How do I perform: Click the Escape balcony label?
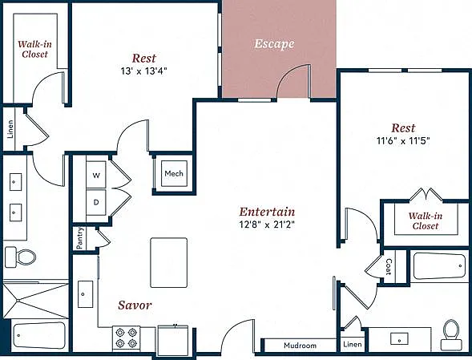pyautogui.click(x=274, y=44)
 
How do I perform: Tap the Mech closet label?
pyautogui.click(x=174, y=173)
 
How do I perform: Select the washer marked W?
pyautogui.click(x=96, y=175)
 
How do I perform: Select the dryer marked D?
pyautogui.click(x=96, y=202)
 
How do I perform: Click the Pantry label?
pyautogui.click(x=79, y=238)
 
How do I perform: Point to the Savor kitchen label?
pyautogui.click(x=135, y=305)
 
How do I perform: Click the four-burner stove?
pyautogui.click(x=126, y=338)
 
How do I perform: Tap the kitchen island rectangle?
pyautogui.click(x=169, y=262)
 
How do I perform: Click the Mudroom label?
pyautogui.click(x=301, y=346)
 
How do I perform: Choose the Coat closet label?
pyautogui.click(x=389, y=267)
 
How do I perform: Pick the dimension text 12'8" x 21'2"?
pyautogui.click(x=267, y=224)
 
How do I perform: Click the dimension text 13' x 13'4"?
pyautogui.click(x=144, y=71)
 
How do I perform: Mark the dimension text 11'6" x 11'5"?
pyautogui.click(x=403, y=140)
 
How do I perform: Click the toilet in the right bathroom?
pyautogui.click(x=451, y=334)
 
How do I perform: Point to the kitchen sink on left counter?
pyautogui.click(x=86, y=294)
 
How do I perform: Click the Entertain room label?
pyautogui.click(x=267, y=212)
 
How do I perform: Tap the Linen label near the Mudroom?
pyautogui.click(x=352, y=344)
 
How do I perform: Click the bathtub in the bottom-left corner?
pyautogui.click(x=39, y=335)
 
